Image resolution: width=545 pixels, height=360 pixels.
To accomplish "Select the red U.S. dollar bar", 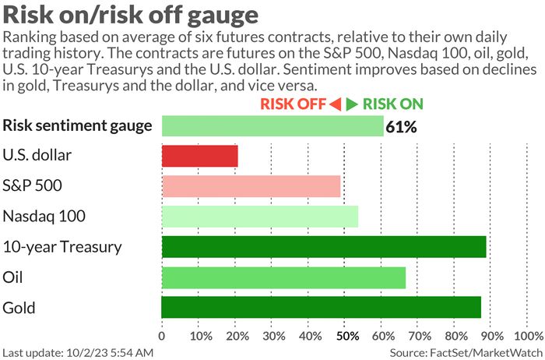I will click(x=199, y=156).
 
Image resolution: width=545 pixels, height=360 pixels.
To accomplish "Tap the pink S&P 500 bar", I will click(x=251, y=186).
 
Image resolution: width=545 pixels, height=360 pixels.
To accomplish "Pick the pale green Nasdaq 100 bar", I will click(x=259, y=217).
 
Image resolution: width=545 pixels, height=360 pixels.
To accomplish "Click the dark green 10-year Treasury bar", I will click(x=323, y=247).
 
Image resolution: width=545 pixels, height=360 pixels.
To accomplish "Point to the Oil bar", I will click(x=283, y=277).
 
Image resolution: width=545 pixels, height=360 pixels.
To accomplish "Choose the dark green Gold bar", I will click(x=321, y=307).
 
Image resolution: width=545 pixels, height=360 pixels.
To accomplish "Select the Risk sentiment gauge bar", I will click(x=272, y=125).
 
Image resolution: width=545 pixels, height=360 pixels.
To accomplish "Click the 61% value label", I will click(x=402, y=126).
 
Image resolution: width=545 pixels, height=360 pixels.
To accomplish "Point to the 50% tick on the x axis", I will click(x=346, y=337).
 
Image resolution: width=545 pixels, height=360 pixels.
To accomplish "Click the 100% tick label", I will click(x=529, y=337).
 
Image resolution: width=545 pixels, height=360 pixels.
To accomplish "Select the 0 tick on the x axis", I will click(x=162, y=337).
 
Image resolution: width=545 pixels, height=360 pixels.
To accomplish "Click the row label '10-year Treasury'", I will click(x=62, y=247).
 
